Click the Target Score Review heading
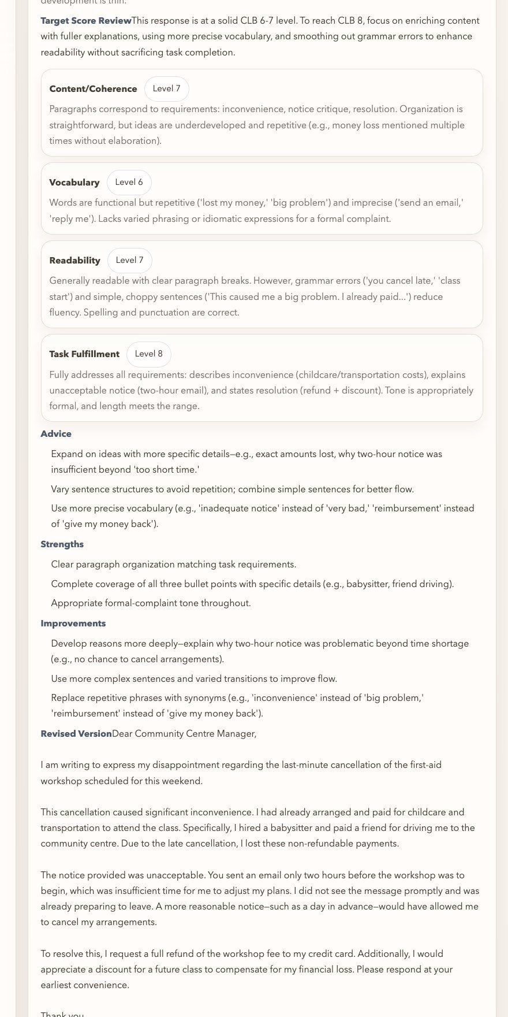pos(85,21)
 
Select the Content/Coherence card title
pos(93,89)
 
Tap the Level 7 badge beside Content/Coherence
pos(166,89)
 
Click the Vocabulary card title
pos(74,183)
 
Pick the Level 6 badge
pos(129,183)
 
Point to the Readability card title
pos(74,261)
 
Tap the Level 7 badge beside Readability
pos(129,261)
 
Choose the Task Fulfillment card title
pos(84,354)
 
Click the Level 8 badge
pos(148,354)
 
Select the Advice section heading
pos(56,434)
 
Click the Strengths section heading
pos(62,544)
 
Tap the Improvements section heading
pos(73,623)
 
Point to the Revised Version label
pos(76,734)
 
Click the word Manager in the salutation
pos(235,734)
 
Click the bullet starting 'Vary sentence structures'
pos(232,489)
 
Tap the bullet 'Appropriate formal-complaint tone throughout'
pos(151,603)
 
